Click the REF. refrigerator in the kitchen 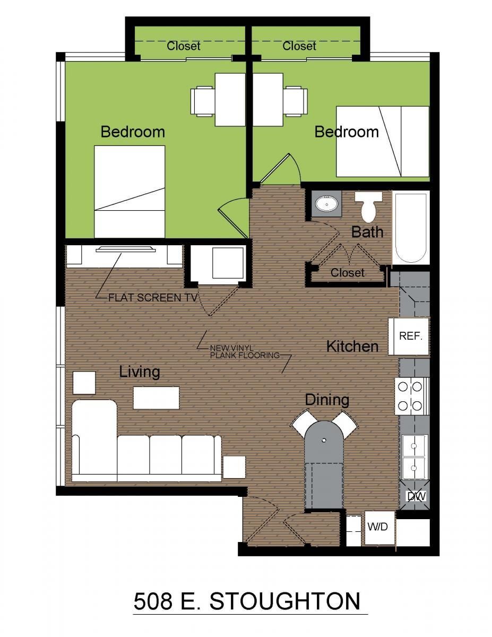[x=409, y=337]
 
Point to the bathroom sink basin [x=326, y=203]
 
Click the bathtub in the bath [x=411, y=227]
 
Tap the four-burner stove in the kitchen [x=412, y=397]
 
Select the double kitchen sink [x=414, y=457]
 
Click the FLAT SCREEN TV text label [x=153, y=298]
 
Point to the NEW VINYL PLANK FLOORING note [x=245, y=351]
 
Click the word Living [x=140, y=372]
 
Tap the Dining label [x=327, y=400]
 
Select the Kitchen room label [x=352, y=346]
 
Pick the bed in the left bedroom [x=129, y=192]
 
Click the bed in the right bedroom [x=383, y=142]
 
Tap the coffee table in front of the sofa [x=156, y=398]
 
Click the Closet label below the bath [x=348, y=273]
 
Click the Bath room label [x=367, y=232]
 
